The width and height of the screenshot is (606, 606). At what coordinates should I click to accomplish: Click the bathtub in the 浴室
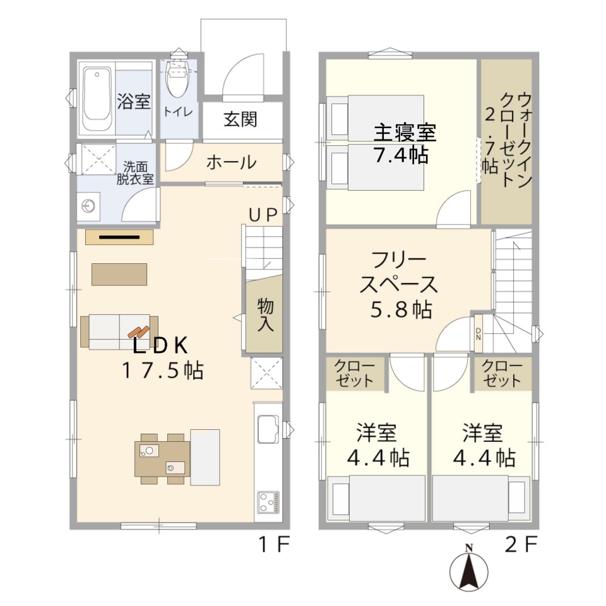coord(97,99)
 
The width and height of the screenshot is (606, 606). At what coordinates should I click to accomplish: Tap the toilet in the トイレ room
coord(177,79)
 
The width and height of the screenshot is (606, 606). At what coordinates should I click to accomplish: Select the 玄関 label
coord(241,119)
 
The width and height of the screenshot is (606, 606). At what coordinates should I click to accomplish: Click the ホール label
coord(231,162)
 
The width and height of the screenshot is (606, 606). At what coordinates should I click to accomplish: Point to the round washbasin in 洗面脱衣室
coord(88,206)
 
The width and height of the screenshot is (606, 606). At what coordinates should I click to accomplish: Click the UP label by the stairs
coord(263,215)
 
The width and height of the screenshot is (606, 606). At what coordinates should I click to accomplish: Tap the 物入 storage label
coord(265,315)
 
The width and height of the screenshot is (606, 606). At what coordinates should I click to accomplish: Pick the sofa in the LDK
coord(119,332)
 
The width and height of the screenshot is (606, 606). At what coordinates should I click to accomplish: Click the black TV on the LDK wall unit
coord(119,237)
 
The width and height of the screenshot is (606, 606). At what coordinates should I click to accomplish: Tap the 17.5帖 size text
coord(163,371)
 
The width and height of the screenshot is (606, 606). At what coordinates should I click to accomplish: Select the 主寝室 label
coord(405,132)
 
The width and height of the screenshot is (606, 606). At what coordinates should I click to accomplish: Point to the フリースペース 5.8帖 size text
coord(401,310)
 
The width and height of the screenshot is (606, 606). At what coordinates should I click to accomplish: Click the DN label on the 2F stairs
coord(478,334)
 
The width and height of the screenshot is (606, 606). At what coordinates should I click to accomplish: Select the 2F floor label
coord(521,545)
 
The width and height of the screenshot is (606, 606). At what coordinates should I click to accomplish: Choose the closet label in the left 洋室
coord(354,373)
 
